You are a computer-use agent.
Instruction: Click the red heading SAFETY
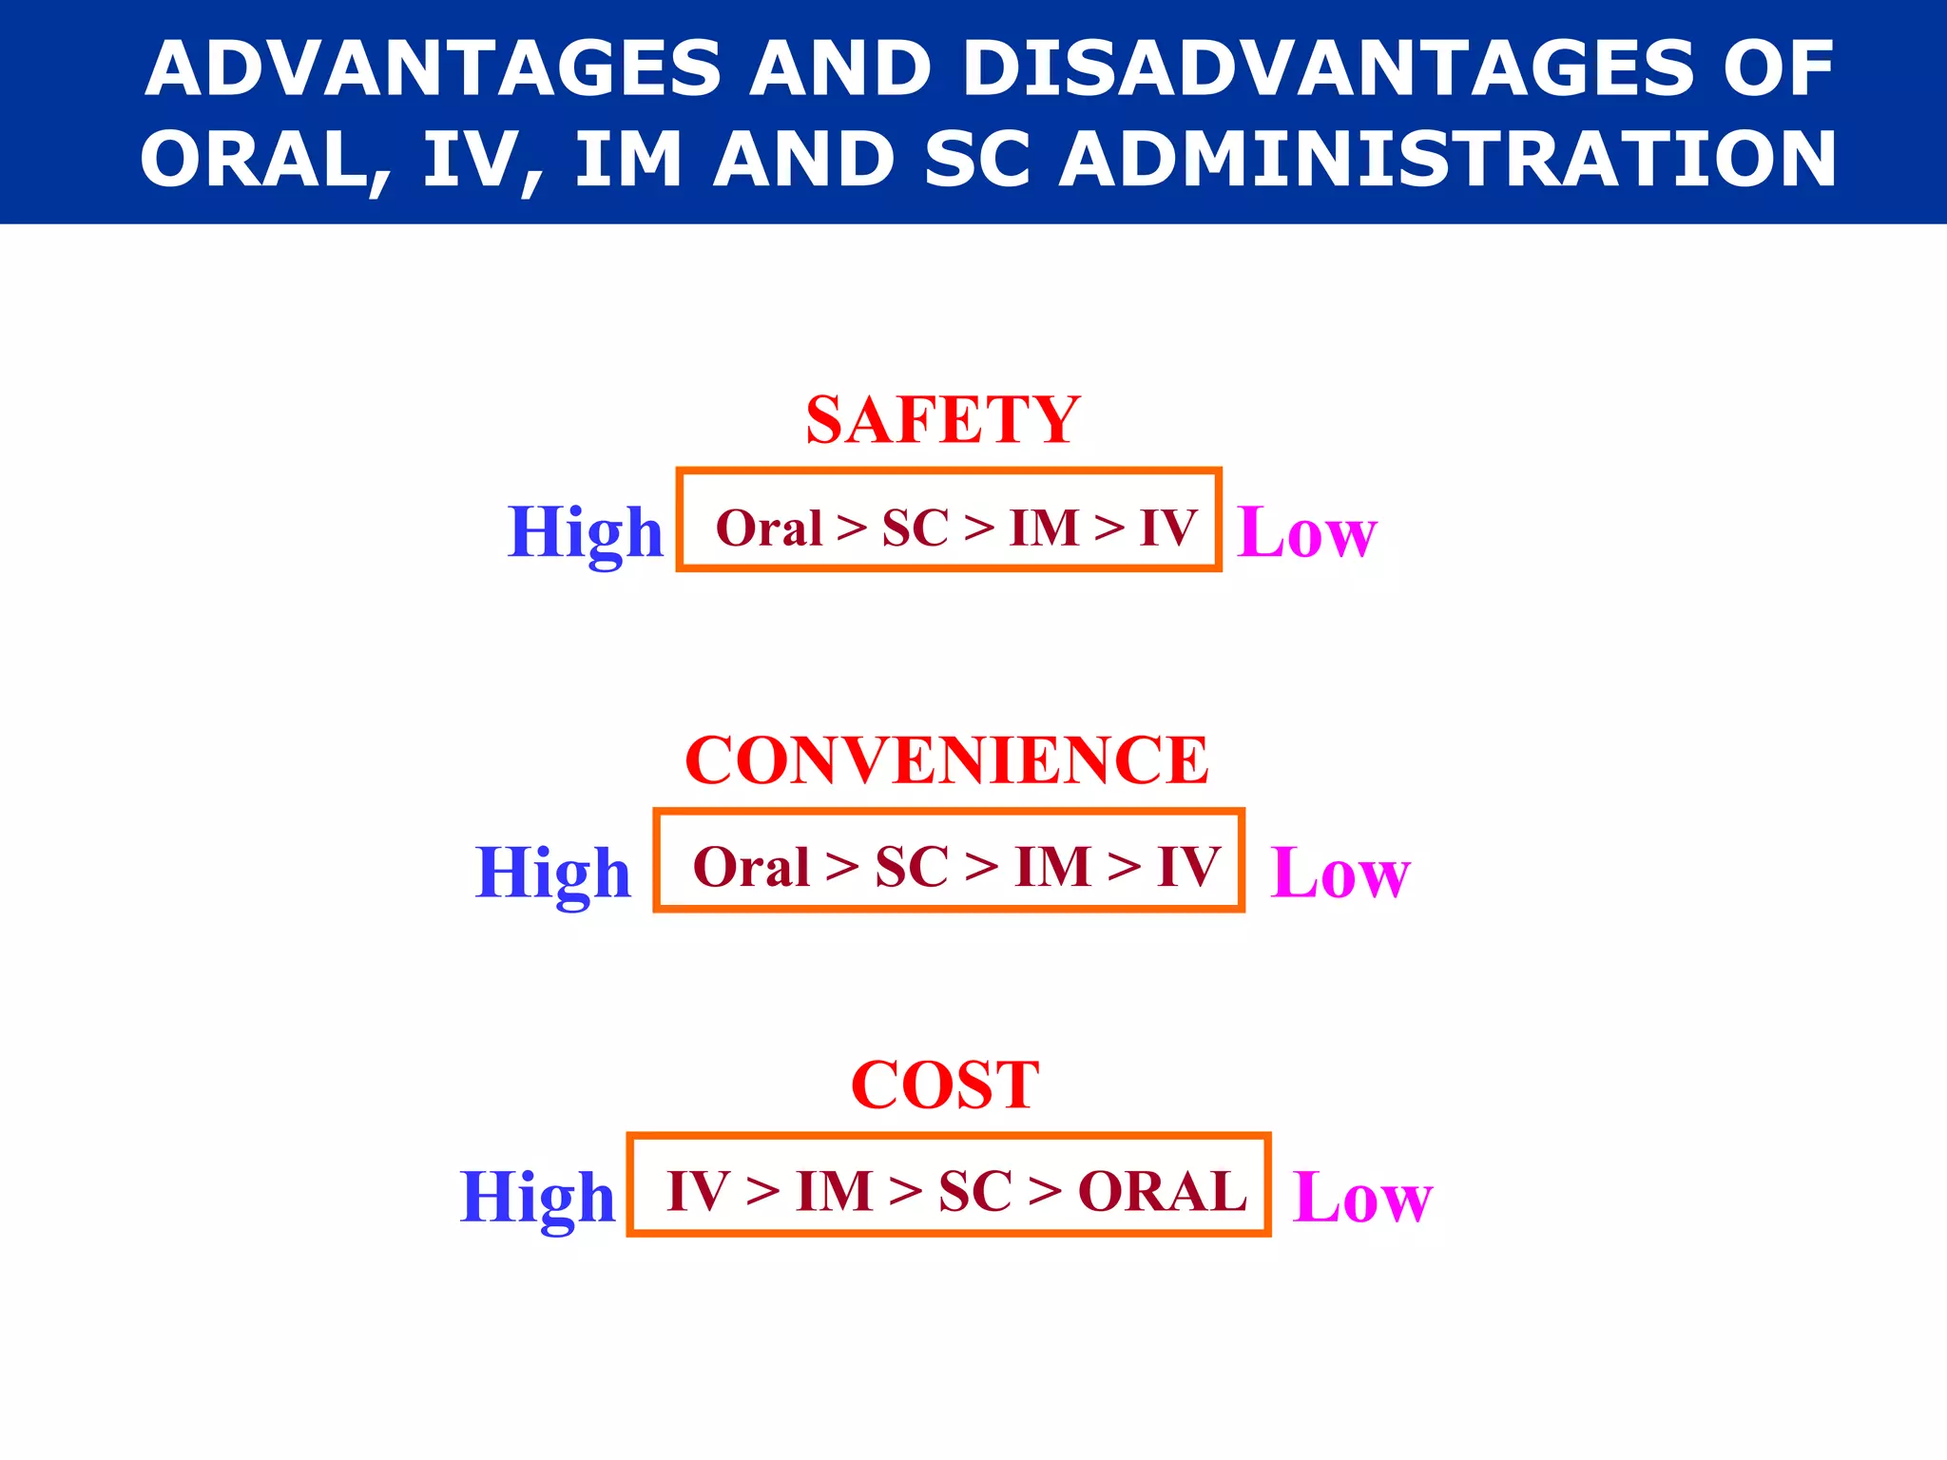[x=942, y=420]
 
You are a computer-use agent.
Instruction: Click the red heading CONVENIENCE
[x=946, y=760]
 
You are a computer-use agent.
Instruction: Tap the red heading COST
[x=945, y=1085]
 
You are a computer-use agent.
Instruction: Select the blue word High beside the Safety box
[x=586, y=532]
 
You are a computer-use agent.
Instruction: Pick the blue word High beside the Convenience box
[x=553, y=874]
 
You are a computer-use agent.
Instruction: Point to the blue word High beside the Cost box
[x=538, y=1198]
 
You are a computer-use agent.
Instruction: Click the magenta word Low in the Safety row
[x=1306, y=532]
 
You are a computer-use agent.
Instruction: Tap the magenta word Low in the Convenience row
[x=1340, y=874]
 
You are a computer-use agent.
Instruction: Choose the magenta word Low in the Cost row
[x=1362, y=1198]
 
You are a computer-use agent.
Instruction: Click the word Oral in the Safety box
[x=768, y=528]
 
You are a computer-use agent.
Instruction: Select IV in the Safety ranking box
[x=1168, y=528]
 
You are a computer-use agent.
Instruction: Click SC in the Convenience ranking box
[x=912, y=867]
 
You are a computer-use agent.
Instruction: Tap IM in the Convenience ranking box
[x=1052, y=867]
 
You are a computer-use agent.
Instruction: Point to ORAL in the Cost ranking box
[x=1162, y=1192]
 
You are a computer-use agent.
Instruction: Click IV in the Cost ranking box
[x=698, y=1192]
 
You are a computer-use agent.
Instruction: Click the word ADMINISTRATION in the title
[x=1448, y=159]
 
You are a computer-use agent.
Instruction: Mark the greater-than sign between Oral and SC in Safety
[x=852, y=528]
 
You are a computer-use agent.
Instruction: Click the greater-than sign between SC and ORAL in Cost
[x=1045, y=1192]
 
